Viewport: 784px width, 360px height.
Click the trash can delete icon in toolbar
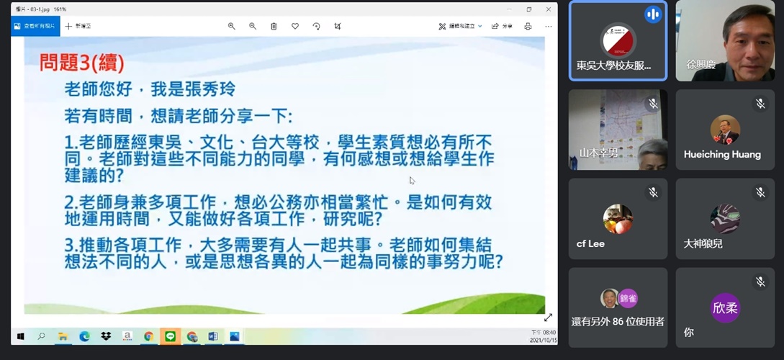pyautogui.click(x=274, y=26)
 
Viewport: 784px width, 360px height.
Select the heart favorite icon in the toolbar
pyautogui.click(x=295, y=26)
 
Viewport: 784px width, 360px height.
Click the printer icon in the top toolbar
pyautogui.click(x=528, y=26)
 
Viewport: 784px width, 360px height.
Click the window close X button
pyautogui.click(x=548, y=9)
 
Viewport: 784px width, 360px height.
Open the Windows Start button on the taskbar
pyautogui.click(x=20, y=336)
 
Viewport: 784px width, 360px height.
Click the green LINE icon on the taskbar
pyautogui.click(x=171, y=336)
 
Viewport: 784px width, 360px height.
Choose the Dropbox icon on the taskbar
pyautogui.click(x=106, y=336)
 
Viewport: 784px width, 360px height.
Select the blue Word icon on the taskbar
pyautogui.click(x=213, y=336)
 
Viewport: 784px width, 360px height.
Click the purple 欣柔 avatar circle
pyautogui.click(x=725, y=308)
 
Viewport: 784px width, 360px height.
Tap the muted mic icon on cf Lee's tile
pyautogui.click(x=653, y=192)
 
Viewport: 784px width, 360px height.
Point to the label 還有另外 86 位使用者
pyautogui.click(x=618, y=321)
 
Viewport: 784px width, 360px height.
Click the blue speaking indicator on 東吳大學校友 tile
pyautogui.click(x=653, y=14)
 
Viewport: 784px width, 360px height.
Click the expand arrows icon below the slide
pyautogui.click(x=548, y=318)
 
